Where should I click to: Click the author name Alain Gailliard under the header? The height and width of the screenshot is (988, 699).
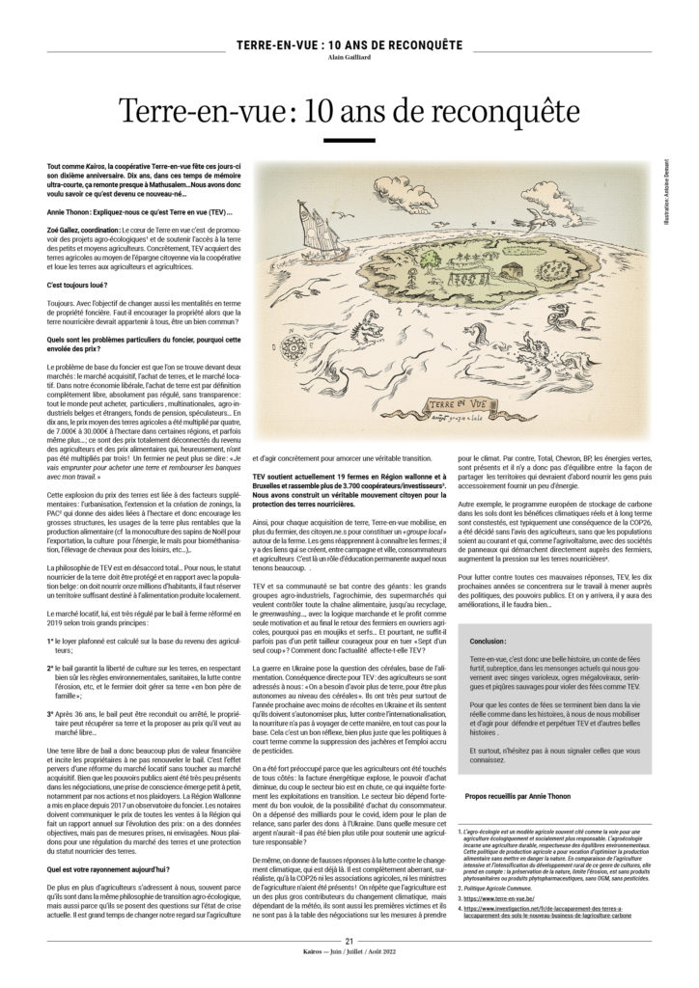tap(349, 56)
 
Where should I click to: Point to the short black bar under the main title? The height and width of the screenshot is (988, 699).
tap(349, 141)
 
